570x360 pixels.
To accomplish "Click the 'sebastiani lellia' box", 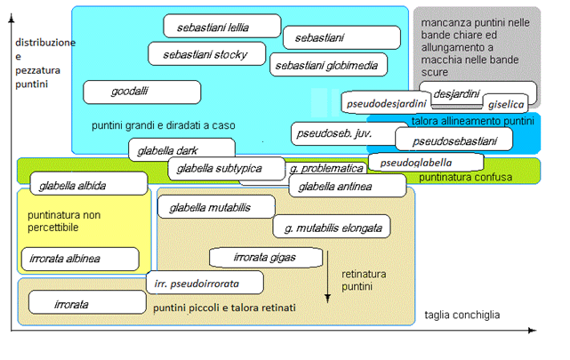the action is [x=222, y=26].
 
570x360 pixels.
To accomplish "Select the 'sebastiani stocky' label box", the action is [x=207, y=53].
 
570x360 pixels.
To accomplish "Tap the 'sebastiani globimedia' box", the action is [x=329, y=65].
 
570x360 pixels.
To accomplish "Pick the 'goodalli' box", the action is [x=141, y=92].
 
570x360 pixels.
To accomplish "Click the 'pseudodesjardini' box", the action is [x=386, y=103].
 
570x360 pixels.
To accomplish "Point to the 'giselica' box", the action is [x=506, y=104].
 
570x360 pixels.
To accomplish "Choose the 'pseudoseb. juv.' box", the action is [x=343, y=133].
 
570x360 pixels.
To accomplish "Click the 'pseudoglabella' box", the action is [x=426, y=162].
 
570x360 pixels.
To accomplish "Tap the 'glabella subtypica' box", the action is [x=227, y=169].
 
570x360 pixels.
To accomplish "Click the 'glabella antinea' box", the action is [x=348, y=186].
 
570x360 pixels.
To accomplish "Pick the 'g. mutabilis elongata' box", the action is [x=332, y=227].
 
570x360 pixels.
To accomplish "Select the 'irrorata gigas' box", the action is [x=266, y=258].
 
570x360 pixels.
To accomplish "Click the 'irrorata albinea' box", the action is [x=80, y=259].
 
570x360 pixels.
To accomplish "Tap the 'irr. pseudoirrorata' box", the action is [x=205, y=283].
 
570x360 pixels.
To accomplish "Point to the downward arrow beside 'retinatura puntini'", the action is [x=327, y=276].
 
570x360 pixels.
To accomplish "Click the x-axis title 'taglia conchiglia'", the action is [x=462, y=315].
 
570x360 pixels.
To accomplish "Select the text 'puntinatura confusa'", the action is [x=465, y=177].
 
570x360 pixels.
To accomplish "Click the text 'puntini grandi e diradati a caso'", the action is [x=164, y=125].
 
